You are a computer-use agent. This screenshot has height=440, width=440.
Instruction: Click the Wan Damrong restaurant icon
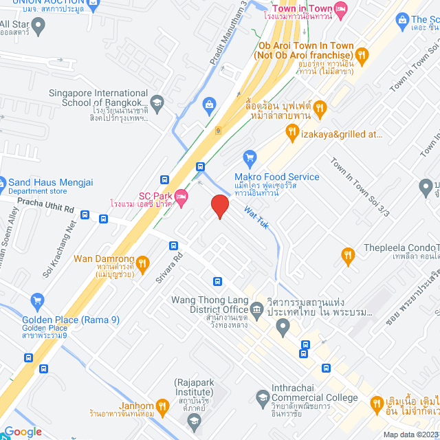pos(142,262)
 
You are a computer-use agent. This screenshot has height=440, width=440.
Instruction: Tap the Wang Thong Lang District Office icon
pos(256,311)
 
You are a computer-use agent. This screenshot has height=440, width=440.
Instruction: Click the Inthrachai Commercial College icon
pos(261,397)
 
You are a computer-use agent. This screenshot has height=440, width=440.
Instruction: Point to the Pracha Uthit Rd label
pos(45,204)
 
